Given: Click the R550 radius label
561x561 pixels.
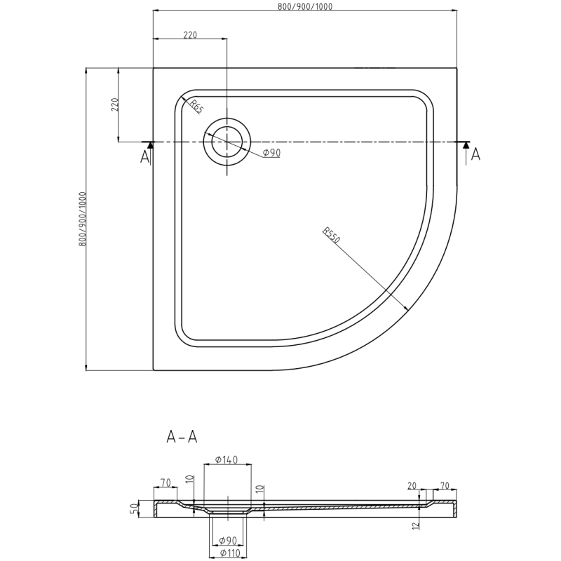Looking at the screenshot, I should tap(332, 236).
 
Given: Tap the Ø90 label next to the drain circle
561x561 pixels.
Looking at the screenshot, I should tap(271, 153).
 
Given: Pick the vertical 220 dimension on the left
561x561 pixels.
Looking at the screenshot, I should tap(115, 105).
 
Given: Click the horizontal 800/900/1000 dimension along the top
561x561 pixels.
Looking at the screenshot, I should tap(304, 6).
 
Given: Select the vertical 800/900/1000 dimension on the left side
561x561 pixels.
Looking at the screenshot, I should tap(82, 218).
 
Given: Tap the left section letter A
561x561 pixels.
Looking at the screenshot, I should tap(145, 156).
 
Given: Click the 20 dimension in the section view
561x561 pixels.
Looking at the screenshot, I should tap(412, 485).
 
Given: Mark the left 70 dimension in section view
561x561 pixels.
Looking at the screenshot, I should tap(165, 482).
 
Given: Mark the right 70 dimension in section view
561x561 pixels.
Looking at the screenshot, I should tap(445, 485).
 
